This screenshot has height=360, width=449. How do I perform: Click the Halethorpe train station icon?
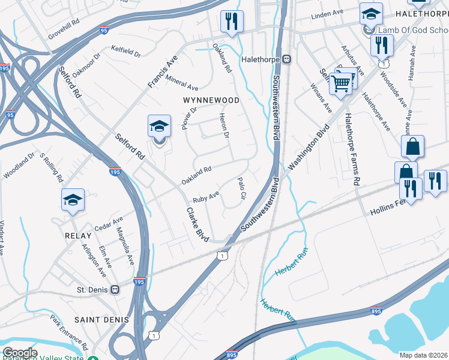pyautogui.click(x=288, y=59)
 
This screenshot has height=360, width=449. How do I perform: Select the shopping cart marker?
pyautogui.click(x=340, y=84)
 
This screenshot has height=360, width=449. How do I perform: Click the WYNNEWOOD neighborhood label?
pyautogui.click(x=211, y=100)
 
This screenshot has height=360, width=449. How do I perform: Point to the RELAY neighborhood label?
pyautogui.click(x=78, y=236)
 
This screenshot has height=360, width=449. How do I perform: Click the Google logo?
pyautogui.click(x=20, y=353)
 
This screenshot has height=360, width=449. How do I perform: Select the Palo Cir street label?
pyautogui.click(x=243, y=188)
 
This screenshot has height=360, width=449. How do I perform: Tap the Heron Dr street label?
pyautogui.click(x=224, y=126)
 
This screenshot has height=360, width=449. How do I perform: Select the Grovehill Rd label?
pyautogui.click(x=64, y=27)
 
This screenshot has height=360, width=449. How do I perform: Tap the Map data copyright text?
pyautogui.click(x=424, y=355)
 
